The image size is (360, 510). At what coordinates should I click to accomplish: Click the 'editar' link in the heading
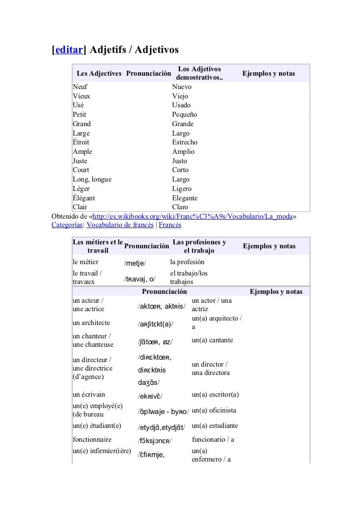(x=69, y=50)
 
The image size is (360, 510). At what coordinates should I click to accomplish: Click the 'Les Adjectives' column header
(x=99, y=74)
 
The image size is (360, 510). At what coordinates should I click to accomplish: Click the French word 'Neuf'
(x=79, y=87)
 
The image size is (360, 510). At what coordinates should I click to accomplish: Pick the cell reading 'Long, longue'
(x=92, y=180)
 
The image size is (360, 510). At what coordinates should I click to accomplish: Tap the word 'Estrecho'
(x=184, y=142)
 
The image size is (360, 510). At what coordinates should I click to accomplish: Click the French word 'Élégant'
(x=84, y=198)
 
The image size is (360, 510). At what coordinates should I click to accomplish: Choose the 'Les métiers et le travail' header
(x=97, y=246)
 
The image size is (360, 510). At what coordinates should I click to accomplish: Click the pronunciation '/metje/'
(x=135, y=263)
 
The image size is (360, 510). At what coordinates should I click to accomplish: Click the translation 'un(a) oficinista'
(x=214, y=411)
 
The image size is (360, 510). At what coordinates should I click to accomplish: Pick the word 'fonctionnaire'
(x=92, y=439)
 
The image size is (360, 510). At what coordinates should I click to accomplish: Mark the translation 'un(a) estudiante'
(x=215, y=426)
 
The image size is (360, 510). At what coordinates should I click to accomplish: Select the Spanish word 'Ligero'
(x=181, y=189)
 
